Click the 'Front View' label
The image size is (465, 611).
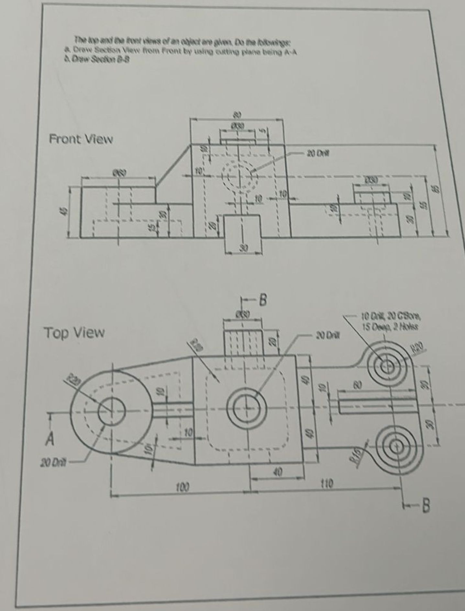(x=81, y=140)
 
